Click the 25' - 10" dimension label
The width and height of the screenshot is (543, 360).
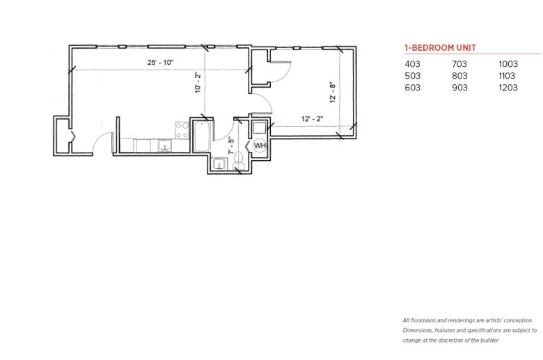(x=160, y=63)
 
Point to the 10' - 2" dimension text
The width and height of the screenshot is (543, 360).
(x=198, y=82)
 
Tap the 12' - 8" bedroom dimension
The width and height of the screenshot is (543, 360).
(x=333, y=93)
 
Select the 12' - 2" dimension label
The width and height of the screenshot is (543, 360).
(x=312, y=119)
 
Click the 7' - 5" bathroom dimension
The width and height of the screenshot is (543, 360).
(x=231, y=146)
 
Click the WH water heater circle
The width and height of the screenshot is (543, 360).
(x=260, y=146)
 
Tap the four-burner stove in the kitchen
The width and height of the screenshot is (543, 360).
(x=182, y=130)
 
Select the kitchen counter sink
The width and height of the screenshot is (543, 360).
(x=165, y=146)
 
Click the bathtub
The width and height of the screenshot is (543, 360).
(x=202, y=136)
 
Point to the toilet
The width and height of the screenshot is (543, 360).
(x=238, y=160)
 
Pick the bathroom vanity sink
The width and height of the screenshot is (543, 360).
(x=219, y=164)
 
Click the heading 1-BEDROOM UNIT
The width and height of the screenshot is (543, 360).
(x=441, y=48)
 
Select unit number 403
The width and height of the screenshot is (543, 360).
(x=412, y=64)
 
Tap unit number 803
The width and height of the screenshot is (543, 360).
(x=459, y=76)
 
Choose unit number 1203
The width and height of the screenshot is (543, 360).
(x=508, y=88)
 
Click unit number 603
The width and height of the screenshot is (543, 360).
(x=412, y=88)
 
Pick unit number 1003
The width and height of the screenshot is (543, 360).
(x=508, y=64)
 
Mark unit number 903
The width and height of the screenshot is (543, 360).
(x=459, y=88)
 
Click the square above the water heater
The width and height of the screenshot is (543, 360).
(x=260, y=128)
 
